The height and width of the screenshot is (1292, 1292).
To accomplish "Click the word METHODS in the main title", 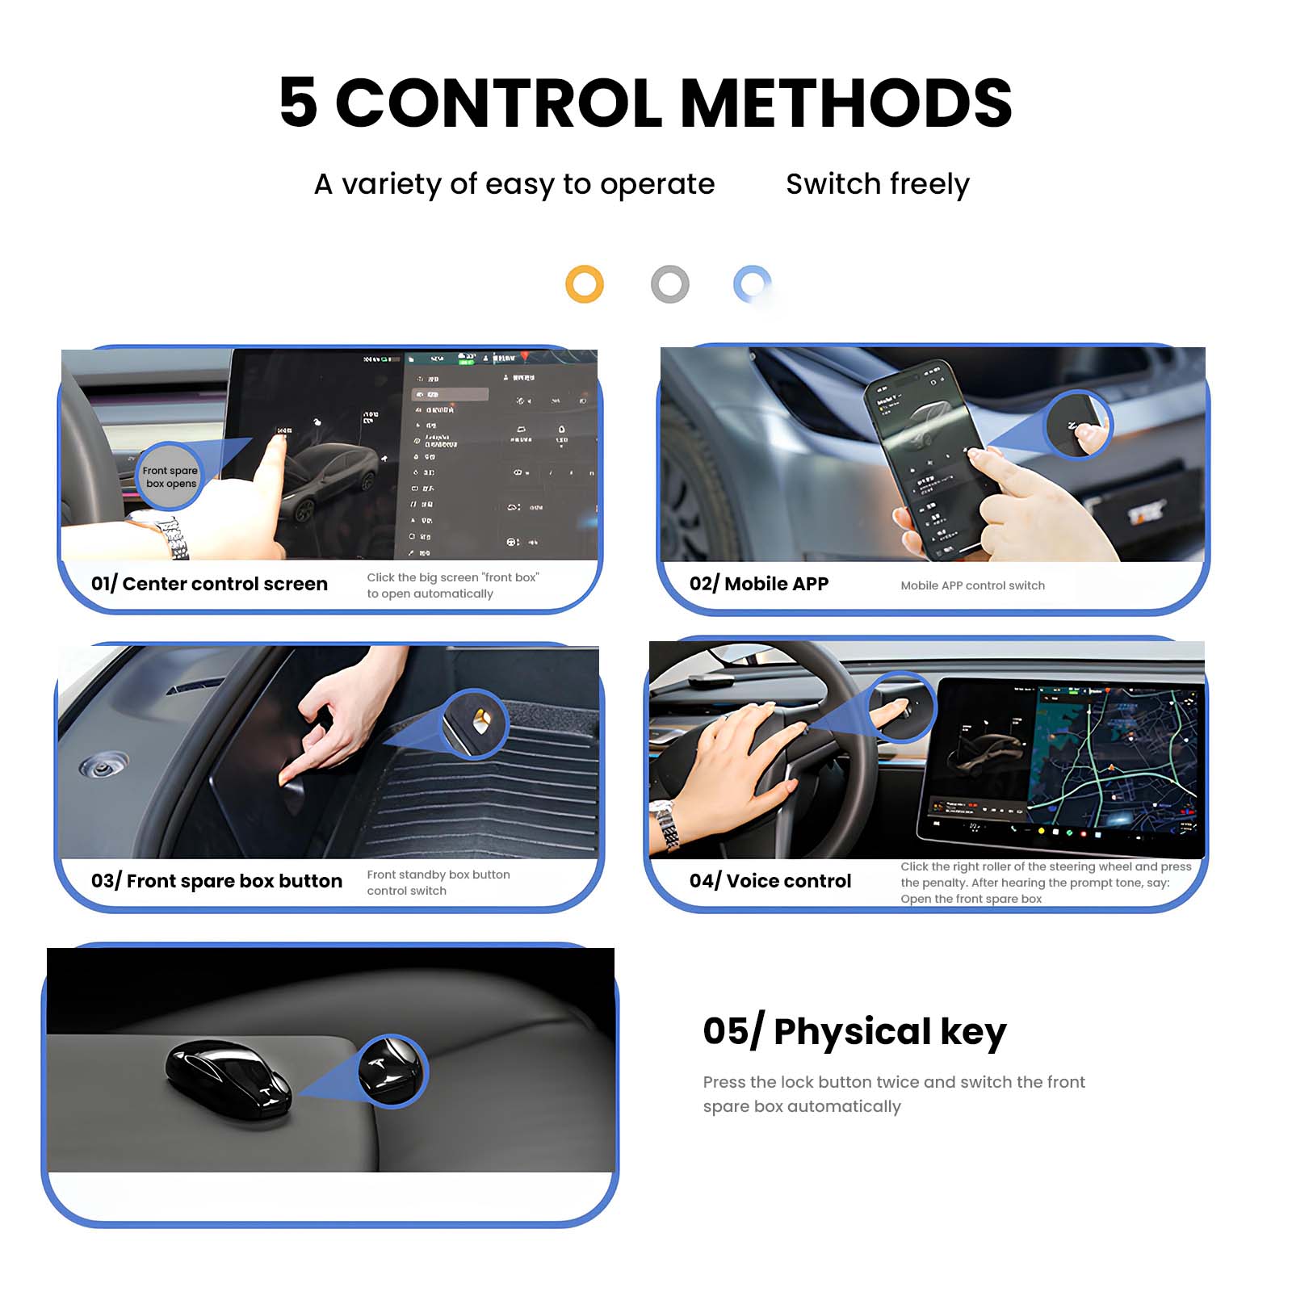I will point(845,103).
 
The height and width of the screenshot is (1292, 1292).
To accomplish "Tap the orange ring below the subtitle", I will point(585,284).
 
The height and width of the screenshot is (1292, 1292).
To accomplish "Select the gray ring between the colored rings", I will point(669,284).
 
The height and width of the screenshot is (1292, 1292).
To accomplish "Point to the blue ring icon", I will point(752,283).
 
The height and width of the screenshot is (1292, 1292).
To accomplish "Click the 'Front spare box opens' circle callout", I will point(170,477).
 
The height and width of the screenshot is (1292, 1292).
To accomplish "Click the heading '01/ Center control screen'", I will point(209,584).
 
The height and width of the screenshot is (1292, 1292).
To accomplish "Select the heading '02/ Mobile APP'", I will point(759,584).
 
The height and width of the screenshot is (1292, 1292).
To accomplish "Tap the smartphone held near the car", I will point(929,456).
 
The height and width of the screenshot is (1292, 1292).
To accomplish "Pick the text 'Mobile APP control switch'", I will point(972,585).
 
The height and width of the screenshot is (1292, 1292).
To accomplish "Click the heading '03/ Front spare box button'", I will point(216,881).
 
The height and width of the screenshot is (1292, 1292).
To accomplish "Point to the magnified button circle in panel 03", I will point(476,724).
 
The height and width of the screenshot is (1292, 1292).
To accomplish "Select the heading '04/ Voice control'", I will point(770,881).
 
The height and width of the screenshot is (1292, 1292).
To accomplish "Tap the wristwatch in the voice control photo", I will point(666,824).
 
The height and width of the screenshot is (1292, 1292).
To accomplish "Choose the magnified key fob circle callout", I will point(392,1071).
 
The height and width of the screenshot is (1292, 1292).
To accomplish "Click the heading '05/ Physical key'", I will point(854,1031).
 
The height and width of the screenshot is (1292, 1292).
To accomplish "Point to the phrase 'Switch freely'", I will point(877,184).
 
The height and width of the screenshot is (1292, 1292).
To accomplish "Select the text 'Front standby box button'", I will point(438,875).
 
